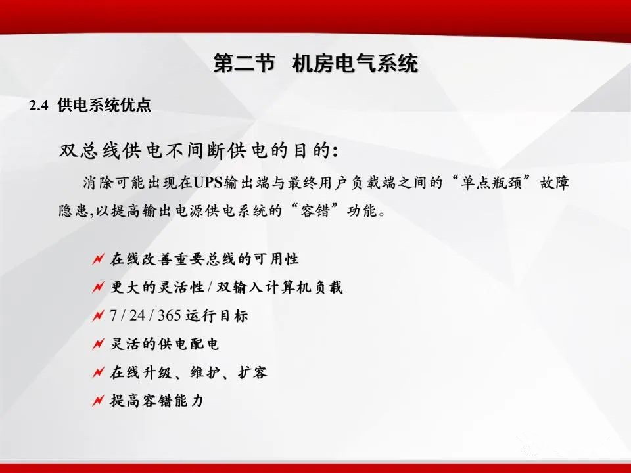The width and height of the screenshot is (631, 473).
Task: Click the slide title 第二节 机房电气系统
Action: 316,64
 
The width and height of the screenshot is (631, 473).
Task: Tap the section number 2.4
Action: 39,106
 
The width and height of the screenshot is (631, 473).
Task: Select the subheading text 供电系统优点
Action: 105,105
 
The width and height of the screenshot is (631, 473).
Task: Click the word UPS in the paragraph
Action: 208,183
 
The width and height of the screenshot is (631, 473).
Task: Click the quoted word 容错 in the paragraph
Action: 315,211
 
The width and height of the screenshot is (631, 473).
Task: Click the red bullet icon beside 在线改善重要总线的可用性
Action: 98,259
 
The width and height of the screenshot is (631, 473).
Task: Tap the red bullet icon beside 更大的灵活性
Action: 98,288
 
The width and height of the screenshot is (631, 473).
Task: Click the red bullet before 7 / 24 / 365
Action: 98,316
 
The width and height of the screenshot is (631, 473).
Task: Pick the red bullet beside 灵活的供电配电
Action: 98,344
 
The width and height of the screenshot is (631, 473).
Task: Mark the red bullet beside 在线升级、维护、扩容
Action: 98,373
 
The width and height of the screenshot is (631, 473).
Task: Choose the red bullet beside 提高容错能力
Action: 98,401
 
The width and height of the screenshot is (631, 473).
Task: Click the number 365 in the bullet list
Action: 169,316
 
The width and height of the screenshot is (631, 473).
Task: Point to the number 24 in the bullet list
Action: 137,316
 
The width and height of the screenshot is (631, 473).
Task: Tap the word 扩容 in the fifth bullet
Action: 252,372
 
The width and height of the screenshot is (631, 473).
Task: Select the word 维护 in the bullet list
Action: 205,372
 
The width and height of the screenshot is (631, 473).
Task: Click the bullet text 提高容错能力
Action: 157,401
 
